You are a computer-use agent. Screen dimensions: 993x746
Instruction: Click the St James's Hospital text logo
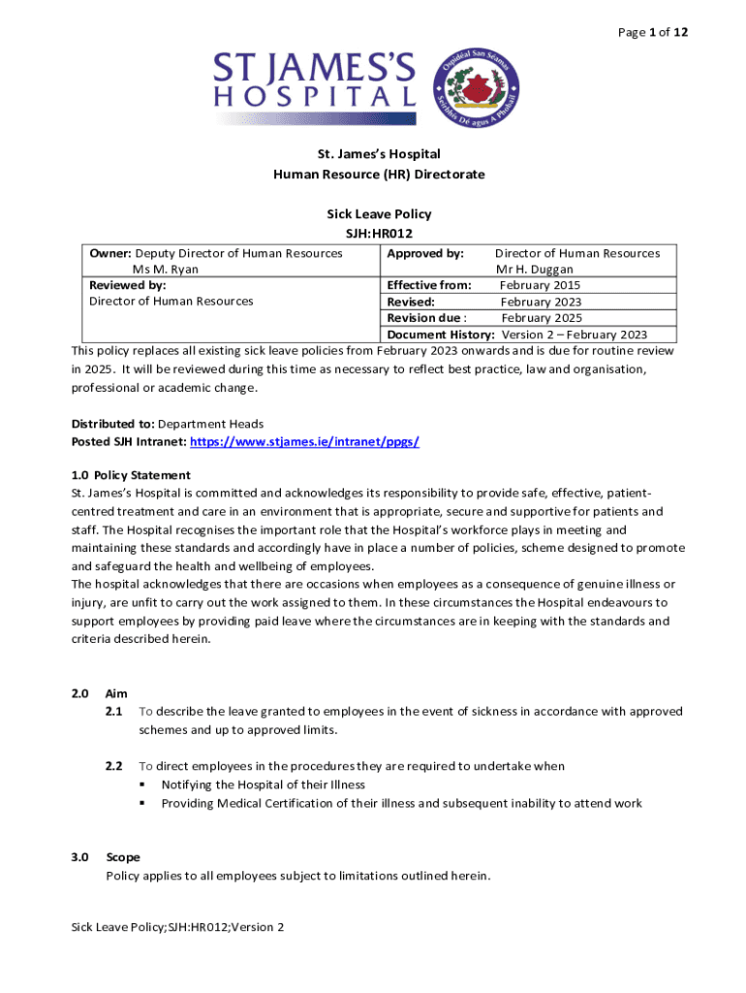click(315, 81)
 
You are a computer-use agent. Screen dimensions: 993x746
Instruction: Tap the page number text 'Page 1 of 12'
click(652, 33)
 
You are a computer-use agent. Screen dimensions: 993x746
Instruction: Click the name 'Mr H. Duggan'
click(534, 270)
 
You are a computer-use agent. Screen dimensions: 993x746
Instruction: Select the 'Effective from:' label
click(429, 285)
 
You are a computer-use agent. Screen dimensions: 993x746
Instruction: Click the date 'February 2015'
click(540, 285)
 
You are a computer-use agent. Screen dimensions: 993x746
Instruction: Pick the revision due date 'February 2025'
click(542, 318)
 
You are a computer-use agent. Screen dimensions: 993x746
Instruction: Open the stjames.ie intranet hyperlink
click(304, 441)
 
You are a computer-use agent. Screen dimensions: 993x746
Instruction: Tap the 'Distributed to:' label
click(112, 425)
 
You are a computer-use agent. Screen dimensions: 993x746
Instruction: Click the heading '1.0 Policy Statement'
click(131, 475)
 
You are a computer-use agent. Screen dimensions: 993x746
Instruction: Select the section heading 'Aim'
click(115, 694)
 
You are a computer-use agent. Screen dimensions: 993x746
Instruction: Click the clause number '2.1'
click(113, 712)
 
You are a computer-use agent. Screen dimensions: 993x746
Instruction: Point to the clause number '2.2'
click(113, 766)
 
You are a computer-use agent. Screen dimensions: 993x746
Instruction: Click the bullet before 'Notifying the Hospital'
click(142, 785)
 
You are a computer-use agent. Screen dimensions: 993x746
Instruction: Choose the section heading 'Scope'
click(123, 857)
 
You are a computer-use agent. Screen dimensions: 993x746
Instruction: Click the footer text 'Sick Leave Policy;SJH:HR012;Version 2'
click(178, 928)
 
